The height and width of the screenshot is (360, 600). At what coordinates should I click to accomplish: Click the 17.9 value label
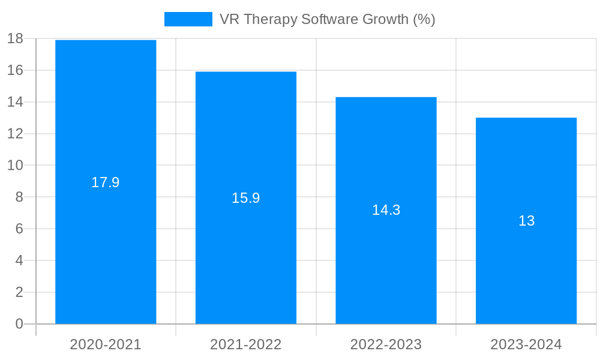106,182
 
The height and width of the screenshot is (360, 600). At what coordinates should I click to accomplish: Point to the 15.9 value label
246,198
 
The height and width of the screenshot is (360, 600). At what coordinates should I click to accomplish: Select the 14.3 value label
386,210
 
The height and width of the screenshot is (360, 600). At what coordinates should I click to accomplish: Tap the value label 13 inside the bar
526,221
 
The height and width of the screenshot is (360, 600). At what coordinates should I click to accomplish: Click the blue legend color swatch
188,19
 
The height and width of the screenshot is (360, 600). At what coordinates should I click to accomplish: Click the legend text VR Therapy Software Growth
327,19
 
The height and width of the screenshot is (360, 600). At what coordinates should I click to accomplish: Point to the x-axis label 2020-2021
106,344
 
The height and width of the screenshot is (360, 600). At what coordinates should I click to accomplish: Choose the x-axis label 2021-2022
246,344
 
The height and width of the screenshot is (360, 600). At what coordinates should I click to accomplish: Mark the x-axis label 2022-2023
386,344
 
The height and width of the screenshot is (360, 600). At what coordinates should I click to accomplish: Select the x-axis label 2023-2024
526,344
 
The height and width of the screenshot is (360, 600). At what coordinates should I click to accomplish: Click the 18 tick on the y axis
15,39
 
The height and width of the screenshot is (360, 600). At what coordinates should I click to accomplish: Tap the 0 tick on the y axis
19,324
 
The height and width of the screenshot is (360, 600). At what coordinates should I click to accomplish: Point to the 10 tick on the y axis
15,166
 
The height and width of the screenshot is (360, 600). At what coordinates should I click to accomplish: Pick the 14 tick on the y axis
15,102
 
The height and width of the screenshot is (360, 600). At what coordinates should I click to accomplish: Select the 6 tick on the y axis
19,229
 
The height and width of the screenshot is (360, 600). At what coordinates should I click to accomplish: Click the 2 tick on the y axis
19,292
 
